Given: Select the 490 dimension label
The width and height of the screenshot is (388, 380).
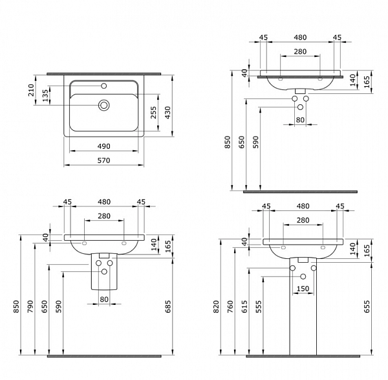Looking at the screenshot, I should (x=103, y=146).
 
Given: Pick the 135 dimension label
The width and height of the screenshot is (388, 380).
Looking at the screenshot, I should (x=45, y=96).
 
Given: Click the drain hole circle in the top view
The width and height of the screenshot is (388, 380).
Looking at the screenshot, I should (x=103, y=104).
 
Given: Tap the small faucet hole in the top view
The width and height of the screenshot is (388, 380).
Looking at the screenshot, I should (x=103, y=86).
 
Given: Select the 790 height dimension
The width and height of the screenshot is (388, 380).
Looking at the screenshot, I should (x=31, y=304).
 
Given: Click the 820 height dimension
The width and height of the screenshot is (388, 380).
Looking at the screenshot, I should (x=214, y=304).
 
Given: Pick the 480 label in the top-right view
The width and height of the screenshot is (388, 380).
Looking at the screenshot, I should (x=300, y=37).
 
